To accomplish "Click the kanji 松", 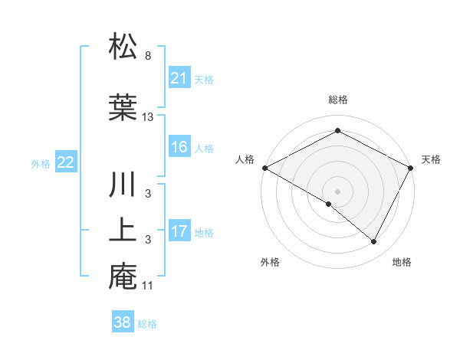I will coord(123,47).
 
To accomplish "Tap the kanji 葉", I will coord(123,106).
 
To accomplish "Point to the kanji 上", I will coord(123,231).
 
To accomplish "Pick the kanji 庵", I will coord(123,277).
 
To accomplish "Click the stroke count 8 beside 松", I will coord(147,56).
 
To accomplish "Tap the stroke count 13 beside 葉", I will coord(149,116).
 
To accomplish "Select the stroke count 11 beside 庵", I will coord(149,286).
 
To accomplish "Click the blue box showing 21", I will coord(179,77).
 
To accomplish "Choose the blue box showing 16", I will coord(179,147).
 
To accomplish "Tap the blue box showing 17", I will coord(179,231).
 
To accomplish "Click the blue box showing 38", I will coord(122,322).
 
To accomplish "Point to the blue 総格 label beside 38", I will coord(147,324).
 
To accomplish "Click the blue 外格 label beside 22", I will coord(41,163).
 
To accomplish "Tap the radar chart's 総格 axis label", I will coord(337,100).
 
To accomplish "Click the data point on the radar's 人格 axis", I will coord(264,168).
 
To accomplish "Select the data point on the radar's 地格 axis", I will coord(374,242).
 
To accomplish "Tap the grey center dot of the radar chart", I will coord(337,191).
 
